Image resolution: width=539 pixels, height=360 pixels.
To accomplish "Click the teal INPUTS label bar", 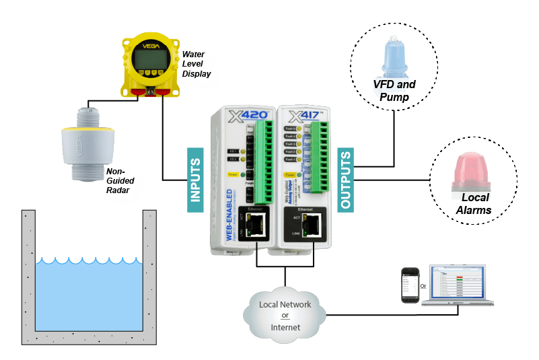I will click(194, 181).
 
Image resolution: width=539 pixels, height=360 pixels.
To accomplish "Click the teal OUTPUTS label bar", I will click(345, 180).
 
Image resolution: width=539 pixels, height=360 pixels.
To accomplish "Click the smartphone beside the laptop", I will click(410, 287).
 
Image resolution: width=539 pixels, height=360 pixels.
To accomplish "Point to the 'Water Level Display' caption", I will click(196, 63).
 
